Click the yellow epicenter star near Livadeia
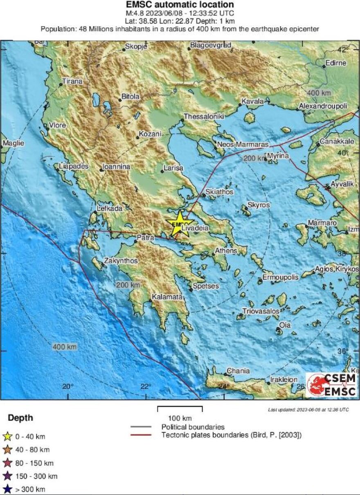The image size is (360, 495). tap(179, 224)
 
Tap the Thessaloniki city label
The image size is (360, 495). tap(204, 116)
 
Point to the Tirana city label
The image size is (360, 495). tap(72, 81)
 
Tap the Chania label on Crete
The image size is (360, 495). tap(238, 371)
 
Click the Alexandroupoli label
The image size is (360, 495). tap(323, 106)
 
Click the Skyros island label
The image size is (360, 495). tap(259, 205)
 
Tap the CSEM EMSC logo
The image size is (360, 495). tap(331, 384)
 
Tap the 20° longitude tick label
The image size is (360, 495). tap(68, 387)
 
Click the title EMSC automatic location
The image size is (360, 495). tap(180, 5)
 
